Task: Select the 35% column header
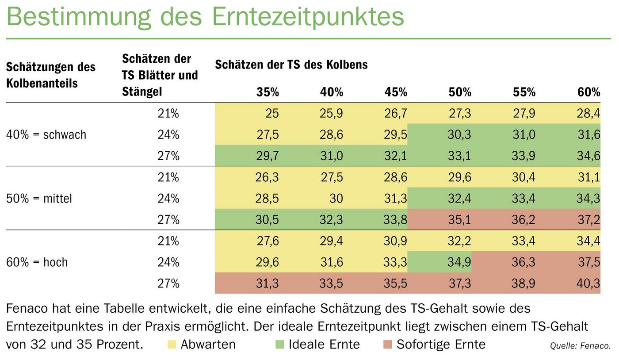click(x=268, y=92)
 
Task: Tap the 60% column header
click(x=588, y=92)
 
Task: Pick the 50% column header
click(x=460, y=92)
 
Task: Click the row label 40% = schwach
click(x=46, y=135)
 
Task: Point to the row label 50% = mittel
click(x=39, y=199)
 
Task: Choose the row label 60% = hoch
click(x=37, y=262)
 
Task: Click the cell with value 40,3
click(x=588, y=283)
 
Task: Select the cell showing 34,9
click(x=460, y=262)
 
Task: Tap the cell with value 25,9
click(x=332, y=114)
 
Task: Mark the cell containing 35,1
click(x=460, y=220)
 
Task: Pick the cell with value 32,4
click(x=460, y=199)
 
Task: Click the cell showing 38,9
click(x=524, y=283)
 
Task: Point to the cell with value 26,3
click(x=267, y=177)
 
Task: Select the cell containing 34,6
click(x=588, y=156)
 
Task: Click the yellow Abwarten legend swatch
click(x=172, y=344)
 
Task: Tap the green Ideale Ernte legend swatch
click(x=279, y=344)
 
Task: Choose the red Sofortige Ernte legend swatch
click(x=387, y=344)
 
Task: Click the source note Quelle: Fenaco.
click(x=580, y=346)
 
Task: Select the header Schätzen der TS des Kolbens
click(x=291, y=65)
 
